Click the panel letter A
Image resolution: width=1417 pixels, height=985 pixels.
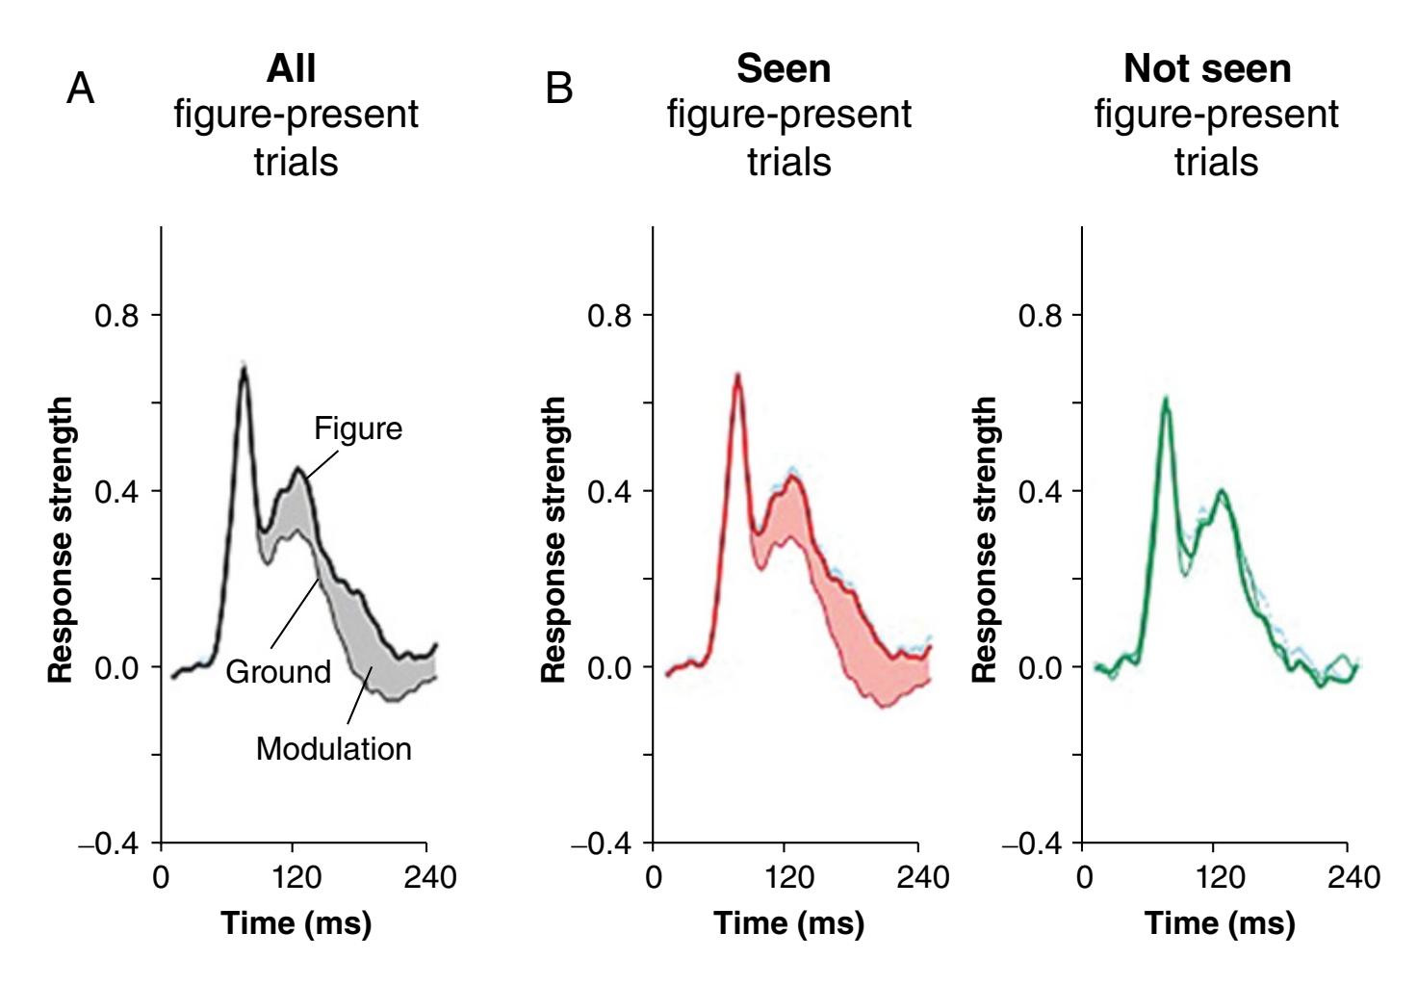click(x=81, y=89)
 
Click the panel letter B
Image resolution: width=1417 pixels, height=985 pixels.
click(x=558, y=89)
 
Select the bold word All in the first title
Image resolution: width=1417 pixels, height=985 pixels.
click(x=291, y=68)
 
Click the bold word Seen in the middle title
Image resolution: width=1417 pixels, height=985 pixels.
click(x=784, y=68)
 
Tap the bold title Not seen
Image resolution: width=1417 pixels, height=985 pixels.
click(x=1207, y=68)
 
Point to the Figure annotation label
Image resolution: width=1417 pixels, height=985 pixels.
click(x=358, y=428)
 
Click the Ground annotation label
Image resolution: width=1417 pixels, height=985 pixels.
click(x=278, y=671)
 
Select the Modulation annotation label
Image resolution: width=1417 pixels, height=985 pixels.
click(x=333, y=748)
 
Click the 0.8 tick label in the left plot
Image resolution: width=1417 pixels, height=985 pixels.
click(x=116, y=315)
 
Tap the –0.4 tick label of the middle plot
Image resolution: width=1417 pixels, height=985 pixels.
click(x=604, y=844)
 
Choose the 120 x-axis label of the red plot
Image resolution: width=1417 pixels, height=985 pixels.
click(x=789, y=877)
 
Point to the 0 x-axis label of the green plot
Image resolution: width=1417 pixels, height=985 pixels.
click(x=1085, y=877)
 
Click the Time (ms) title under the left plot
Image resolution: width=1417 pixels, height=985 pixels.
click(x=296, y=922)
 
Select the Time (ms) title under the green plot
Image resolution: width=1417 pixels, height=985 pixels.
click(x=1220, y=922)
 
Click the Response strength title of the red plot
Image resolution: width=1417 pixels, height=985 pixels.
click(x=554, y=540)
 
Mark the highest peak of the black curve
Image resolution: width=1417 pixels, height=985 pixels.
click(x=245, y=368)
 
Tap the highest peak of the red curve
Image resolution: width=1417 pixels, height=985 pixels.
click(x=737, y=376)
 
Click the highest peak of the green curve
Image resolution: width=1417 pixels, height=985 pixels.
click(x=1165, y=399)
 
